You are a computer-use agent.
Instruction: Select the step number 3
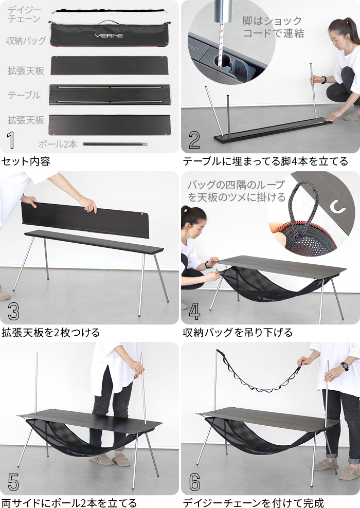pyautogui.click(x=13, y=312)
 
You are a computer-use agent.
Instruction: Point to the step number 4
pyautogui.click(x=194, y=312)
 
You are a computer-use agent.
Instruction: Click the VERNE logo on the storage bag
pyautogui.click(x=109, y=36)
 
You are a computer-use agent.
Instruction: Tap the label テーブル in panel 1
pyautogui.click(x=24, y=95)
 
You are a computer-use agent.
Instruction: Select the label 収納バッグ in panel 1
pyautogui.click(x=25, y=41)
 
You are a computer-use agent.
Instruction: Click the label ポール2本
pyautogui.click(x=58, y=144)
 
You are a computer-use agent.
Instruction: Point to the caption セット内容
pyautogui.click(x=26, y=161)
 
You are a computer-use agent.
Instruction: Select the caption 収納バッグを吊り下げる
pyautogui.click(x=238, y=332)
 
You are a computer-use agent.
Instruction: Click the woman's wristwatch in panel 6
pyautogui.click(x=345, y=366)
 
